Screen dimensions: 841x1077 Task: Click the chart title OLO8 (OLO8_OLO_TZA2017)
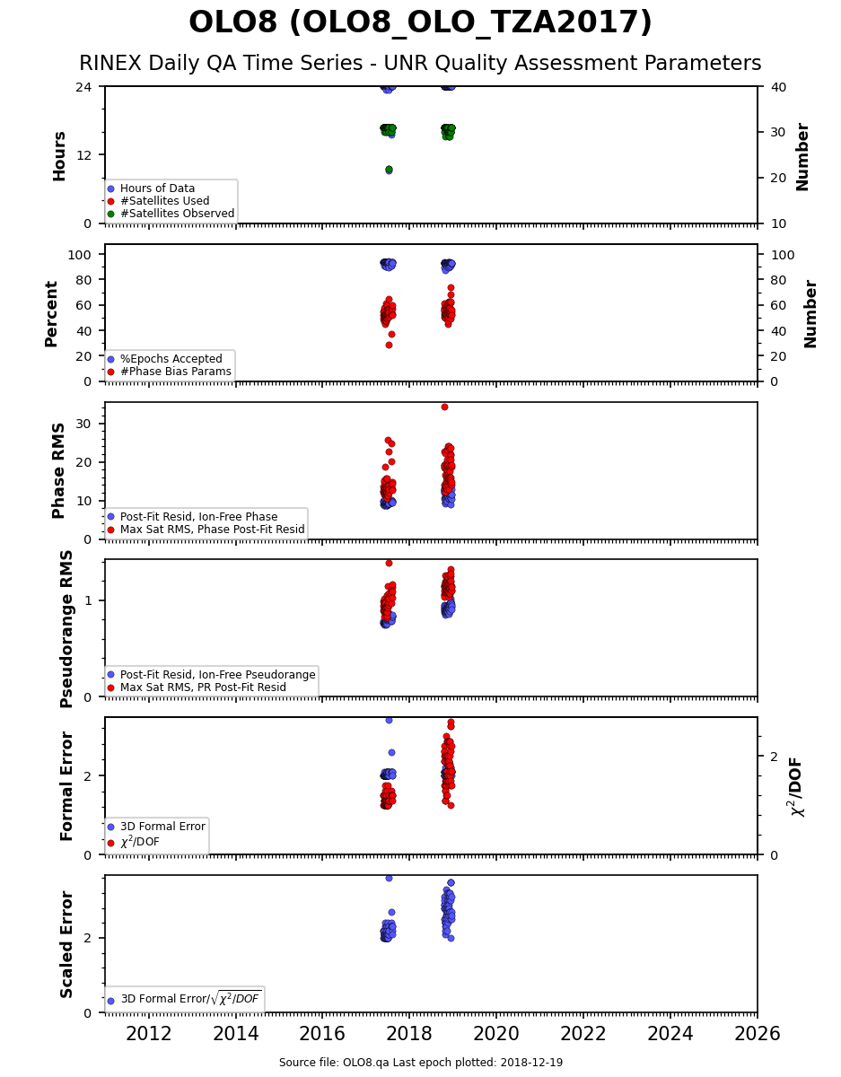click(420, 22)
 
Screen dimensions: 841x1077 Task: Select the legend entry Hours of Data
click(151, 188)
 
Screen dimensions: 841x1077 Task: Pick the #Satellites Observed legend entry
click(171, 214)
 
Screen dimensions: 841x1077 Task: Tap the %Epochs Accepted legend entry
click(165, 359)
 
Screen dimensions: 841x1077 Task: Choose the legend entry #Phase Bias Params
click(170, 372)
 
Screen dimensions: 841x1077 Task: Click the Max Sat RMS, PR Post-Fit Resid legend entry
click(197, 687)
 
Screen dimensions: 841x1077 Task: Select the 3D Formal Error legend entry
click(156, 827)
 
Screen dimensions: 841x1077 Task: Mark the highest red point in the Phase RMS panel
click(444, 407)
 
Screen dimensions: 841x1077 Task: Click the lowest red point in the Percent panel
click(389, 345)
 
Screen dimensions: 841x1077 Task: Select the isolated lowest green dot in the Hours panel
click(389, 170)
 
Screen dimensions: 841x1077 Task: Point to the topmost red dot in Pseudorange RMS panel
click(389, 563)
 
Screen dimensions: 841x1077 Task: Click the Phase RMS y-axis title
click(58, 470)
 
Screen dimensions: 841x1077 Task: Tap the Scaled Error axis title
click(66, 944)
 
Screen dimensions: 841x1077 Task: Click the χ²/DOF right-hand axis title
click(796, 786)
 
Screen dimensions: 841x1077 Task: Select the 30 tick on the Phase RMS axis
click(83, 424)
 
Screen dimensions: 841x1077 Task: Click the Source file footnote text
click(420, 1062)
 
